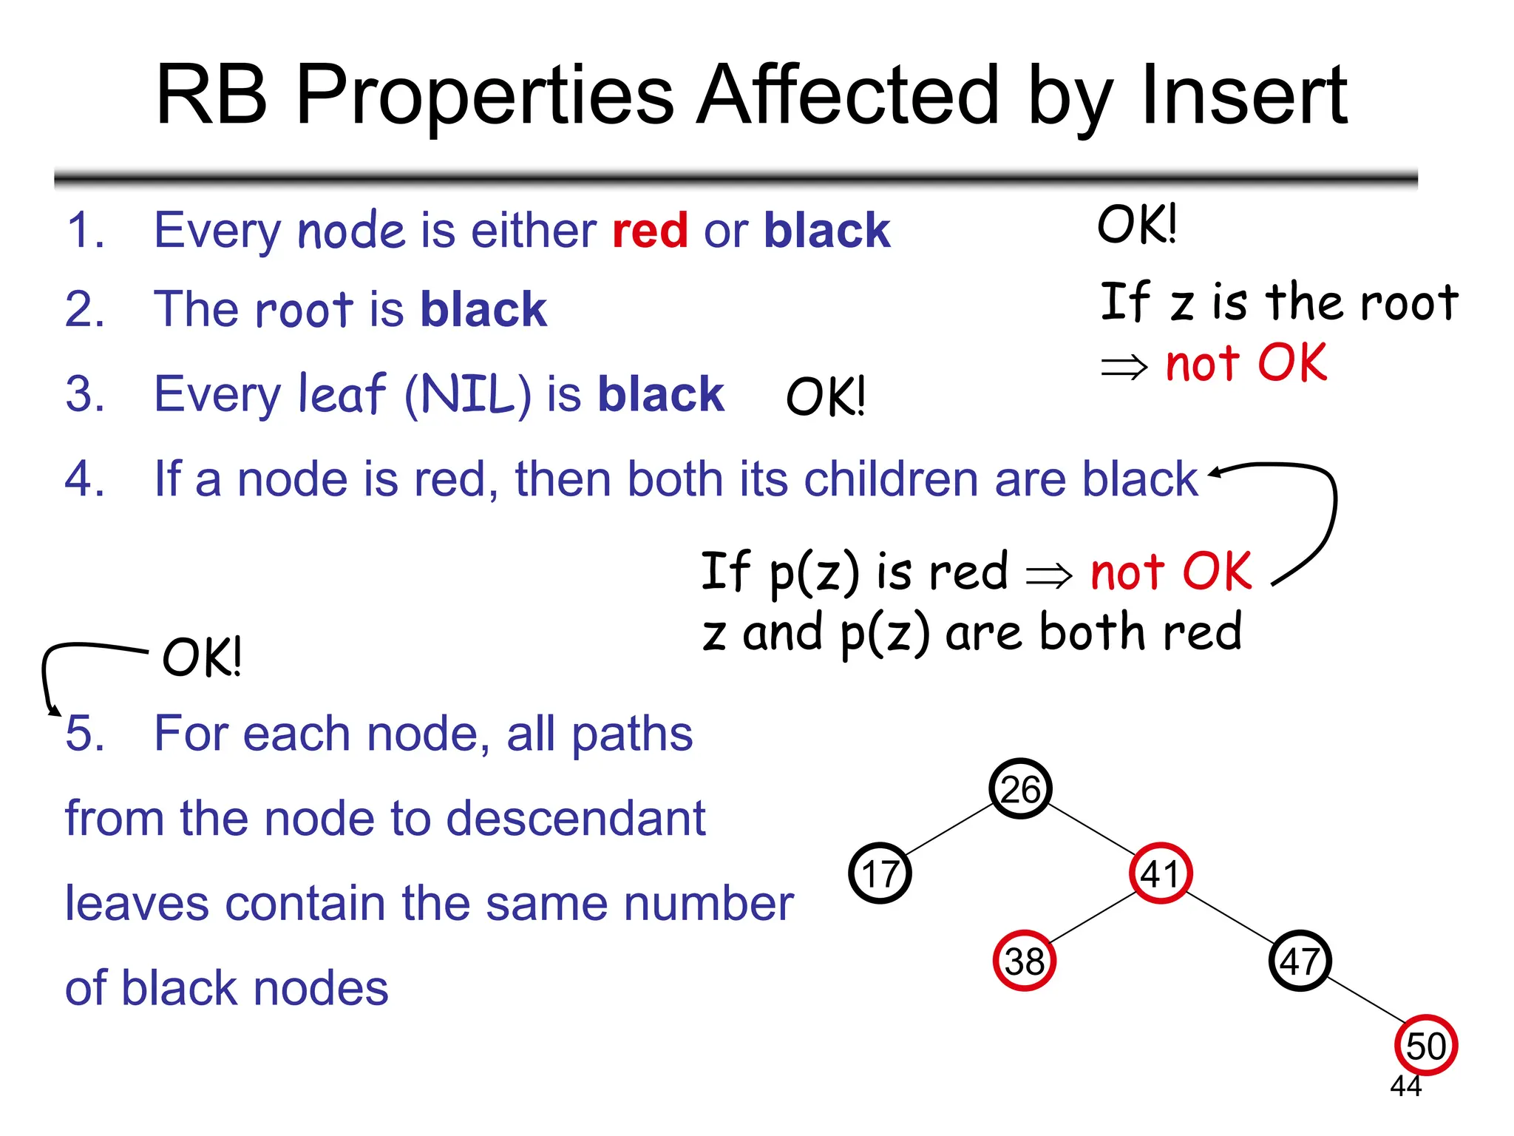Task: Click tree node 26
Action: [1020, 788]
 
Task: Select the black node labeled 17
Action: [880, 873]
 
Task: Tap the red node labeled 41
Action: [1160, 873]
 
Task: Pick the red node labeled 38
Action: [1024, 961]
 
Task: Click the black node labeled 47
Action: [1300, 961]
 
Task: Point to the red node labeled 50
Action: [1425, 1045]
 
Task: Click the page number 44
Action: [1405, 1086]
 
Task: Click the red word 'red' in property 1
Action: [650, 230]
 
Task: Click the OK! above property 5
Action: [201, 657]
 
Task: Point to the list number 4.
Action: [84, 479]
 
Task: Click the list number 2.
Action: [84, 308]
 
